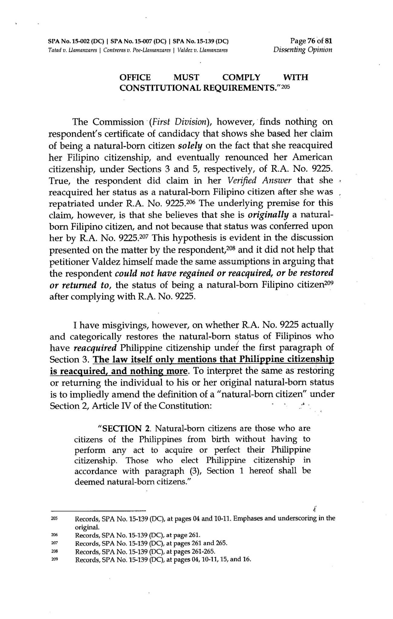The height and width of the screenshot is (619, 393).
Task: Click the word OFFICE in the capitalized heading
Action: pos(135,77)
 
